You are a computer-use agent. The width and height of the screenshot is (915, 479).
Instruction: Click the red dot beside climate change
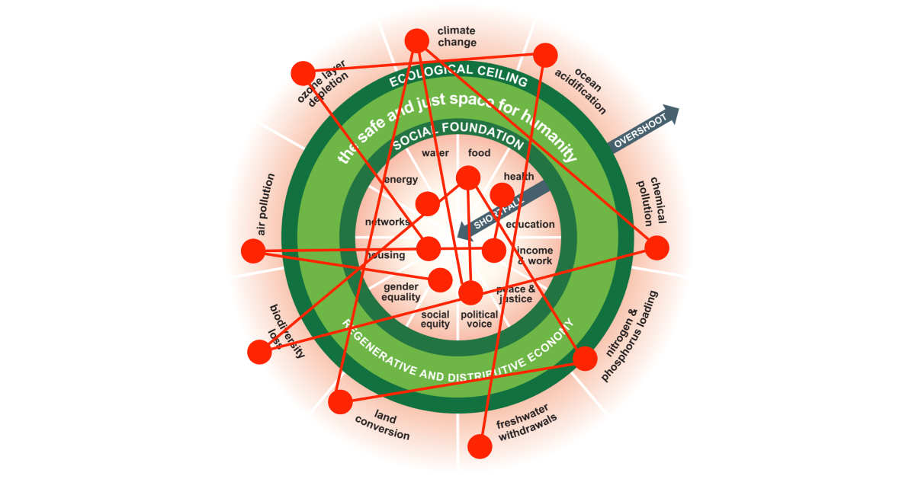pos(417,40)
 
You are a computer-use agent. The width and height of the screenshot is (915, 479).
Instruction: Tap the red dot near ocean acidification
pos(545,55)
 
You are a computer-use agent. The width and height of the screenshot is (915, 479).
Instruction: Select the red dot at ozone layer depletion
pos(303,73)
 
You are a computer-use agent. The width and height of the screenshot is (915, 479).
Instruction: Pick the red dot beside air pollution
pos(252,250)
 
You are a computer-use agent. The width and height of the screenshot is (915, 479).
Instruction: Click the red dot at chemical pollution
pos(657,247)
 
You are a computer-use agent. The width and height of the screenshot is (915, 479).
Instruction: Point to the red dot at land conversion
pos(340,401)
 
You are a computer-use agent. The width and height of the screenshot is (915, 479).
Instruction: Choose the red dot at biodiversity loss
pos(260,351)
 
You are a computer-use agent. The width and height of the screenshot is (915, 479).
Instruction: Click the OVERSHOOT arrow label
pos(640,129)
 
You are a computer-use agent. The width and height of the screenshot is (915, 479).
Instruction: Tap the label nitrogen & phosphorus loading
pos(630,335)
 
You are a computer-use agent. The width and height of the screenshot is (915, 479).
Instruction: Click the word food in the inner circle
pos(479,153)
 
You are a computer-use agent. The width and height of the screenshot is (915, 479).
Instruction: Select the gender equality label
pos(401,292)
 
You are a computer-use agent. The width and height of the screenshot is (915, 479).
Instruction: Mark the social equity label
pos(435,319)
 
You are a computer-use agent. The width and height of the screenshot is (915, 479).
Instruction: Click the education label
pos(531,225)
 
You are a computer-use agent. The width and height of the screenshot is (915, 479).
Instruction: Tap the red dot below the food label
pos(467,178)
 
